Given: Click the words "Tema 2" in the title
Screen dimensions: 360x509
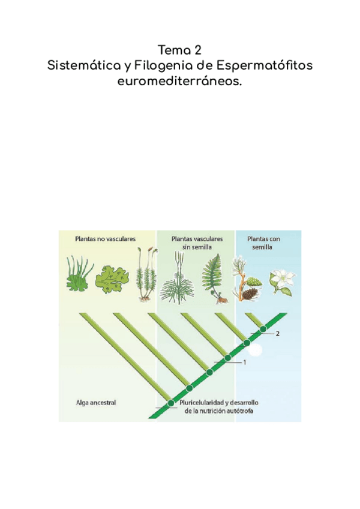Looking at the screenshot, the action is (x=180, y=49).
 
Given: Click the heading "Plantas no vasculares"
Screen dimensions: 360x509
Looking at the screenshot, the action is (x=105, y=238).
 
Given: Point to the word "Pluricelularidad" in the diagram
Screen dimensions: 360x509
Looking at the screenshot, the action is (x=205, y=403).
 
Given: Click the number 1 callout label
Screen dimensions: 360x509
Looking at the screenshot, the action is (x=245, y=363).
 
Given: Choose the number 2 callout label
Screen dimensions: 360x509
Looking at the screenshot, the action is (x=277, y=334).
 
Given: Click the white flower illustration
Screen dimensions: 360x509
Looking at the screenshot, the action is (x=281, y=279).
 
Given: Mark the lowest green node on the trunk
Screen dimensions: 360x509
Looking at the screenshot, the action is (x=171, y=403).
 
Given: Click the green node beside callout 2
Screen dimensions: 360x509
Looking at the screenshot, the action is (x=263, y=329).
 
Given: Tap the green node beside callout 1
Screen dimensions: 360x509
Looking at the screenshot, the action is (x=227, y=358).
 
